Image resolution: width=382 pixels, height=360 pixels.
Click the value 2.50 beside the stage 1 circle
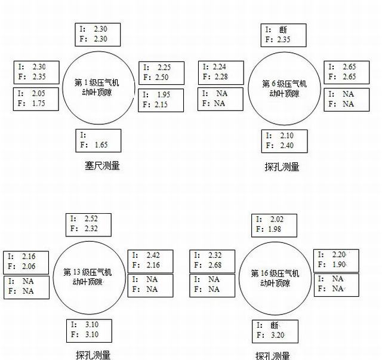point(162,77)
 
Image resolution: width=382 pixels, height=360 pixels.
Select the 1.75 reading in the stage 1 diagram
point(38,103)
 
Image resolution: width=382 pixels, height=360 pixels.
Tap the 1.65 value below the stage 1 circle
point(101,145)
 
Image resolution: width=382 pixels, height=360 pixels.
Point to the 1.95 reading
point(164,94)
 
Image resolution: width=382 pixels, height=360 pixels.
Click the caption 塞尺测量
point(102,166)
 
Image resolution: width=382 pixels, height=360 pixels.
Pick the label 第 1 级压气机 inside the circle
point(97,83)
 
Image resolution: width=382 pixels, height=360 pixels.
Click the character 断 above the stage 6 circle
point(283,30)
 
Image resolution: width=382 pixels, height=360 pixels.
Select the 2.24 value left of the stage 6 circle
point(219,66)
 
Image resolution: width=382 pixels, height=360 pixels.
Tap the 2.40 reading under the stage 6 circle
point(286,145)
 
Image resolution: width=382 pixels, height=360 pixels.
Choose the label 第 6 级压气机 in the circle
point(284,84)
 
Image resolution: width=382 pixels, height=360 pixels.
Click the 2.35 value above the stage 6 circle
point(284,39)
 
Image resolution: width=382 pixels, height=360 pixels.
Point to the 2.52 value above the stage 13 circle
point(91,219)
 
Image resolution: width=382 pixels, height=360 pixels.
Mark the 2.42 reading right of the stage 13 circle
point(153,255)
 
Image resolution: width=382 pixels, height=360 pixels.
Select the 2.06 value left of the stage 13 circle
point(29,266)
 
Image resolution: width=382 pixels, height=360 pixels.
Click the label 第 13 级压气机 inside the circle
point(88,272)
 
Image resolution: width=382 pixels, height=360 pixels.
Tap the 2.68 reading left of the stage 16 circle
point(215,265)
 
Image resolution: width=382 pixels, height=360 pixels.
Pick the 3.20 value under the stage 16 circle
point(278,335)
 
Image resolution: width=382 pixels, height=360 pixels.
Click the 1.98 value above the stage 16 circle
point(275,229)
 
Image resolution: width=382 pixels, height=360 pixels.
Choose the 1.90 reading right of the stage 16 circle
point(339,264)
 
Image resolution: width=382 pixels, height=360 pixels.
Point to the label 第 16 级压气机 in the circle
point(275,273)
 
